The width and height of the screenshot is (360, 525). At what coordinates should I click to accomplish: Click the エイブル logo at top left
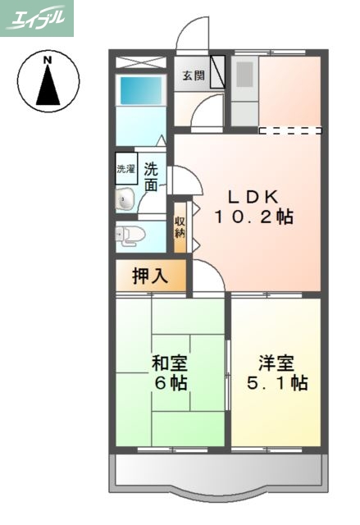[37, 18]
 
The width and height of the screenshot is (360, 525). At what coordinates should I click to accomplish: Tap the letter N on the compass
[48, 60]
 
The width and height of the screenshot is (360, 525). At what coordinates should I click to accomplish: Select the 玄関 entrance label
[194, 76]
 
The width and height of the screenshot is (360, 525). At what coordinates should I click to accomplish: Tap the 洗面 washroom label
[152, 177]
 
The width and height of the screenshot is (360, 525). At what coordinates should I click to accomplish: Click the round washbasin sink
[125, 198]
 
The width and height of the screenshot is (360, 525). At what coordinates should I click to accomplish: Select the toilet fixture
[131, 235]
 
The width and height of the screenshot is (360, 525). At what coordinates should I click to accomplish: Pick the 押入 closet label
[151, 276]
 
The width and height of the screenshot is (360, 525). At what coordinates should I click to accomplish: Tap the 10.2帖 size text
[253, 217]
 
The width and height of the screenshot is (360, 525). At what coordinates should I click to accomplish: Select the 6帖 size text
[170, 383]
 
